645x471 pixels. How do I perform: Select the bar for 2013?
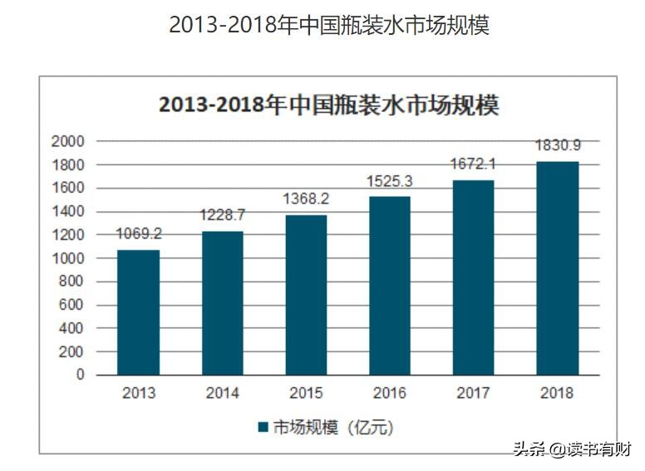(138, 312)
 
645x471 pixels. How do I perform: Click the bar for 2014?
(222, 302)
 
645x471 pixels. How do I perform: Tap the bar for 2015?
(306, 294)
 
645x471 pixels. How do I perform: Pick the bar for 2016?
(390, 285)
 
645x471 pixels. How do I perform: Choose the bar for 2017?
(474, 277)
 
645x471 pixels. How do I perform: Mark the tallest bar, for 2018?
(558, 267)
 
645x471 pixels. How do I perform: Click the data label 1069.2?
(138, 233)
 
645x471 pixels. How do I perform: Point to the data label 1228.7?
(222, 215)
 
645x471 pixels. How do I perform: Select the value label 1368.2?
(306, 199)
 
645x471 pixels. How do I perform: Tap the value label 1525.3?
(390, 180)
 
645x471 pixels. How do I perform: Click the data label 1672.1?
(474, 164)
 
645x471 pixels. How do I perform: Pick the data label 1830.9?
(558, 145)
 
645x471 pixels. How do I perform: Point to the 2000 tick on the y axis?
(68, 141)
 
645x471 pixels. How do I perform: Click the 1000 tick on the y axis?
(68, 258)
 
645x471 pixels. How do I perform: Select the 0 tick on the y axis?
(81, 375)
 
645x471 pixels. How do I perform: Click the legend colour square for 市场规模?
(263, 428)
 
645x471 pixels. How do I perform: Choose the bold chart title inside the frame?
(328, 106)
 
